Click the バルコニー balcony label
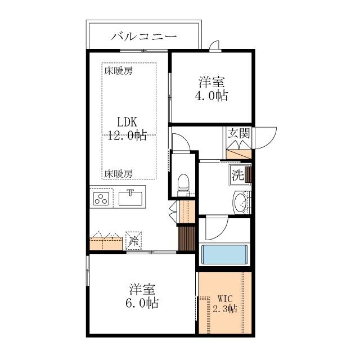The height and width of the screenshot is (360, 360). [144, 37]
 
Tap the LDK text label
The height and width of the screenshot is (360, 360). [128, 122]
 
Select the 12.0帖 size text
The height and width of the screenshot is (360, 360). [127, 135]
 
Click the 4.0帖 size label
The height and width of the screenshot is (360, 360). [211, 96]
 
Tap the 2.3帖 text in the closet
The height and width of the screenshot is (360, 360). [224, 309]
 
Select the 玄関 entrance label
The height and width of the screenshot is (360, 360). [238, 134]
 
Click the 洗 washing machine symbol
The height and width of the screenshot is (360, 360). [238, 174]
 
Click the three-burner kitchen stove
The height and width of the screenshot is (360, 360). [101, 199]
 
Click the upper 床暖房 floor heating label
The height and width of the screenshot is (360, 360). [118, 71]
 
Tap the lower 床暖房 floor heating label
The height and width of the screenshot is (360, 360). [118, 173]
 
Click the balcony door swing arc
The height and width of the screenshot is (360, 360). [214, 46]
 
